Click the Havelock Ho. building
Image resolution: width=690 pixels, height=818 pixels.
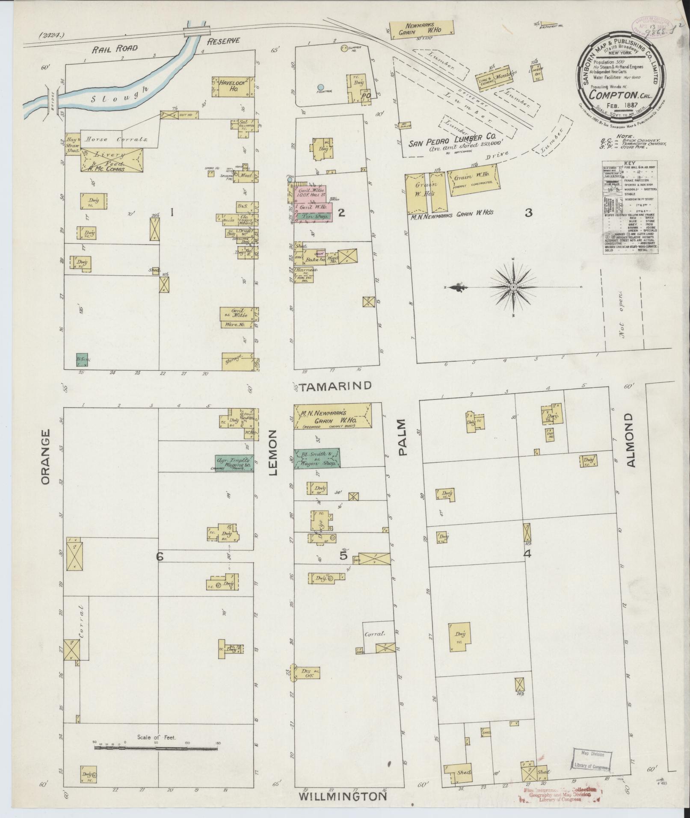[x=233, y=86]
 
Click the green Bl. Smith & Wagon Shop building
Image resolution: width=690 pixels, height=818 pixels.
[x=317, y=458]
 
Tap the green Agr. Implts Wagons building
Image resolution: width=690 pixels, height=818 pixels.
[x=234, y=463]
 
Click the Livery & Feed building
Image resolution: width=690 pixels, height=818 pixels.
[x=112, y=160]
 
